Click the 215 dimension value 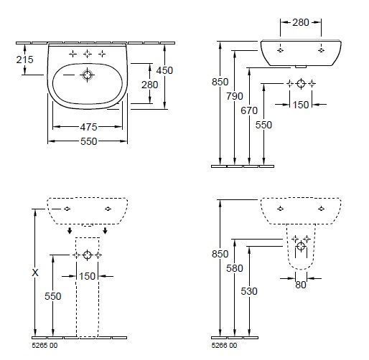pyautogui.click(x=24, y=60)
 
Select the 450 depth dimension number pyautogui.click(x=164, y=70)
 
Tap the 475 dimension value pyautogui.click(x=88, y=127)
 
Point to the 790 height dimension pyautogui.click(x=235, y=96)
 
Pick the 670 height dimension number pyautogui.click(x=249, y=110)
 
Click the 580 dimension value pyautogui.click(x=235, y=268)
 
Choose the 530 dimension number pyautogui.click(x=249, y=291)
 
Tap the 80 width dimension pyautogui.click(x=301, y=285)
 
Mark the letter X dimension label pyautogui.click(x=35, y=273)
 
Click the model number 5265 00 pyautogui.click(x=45, y=346)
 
